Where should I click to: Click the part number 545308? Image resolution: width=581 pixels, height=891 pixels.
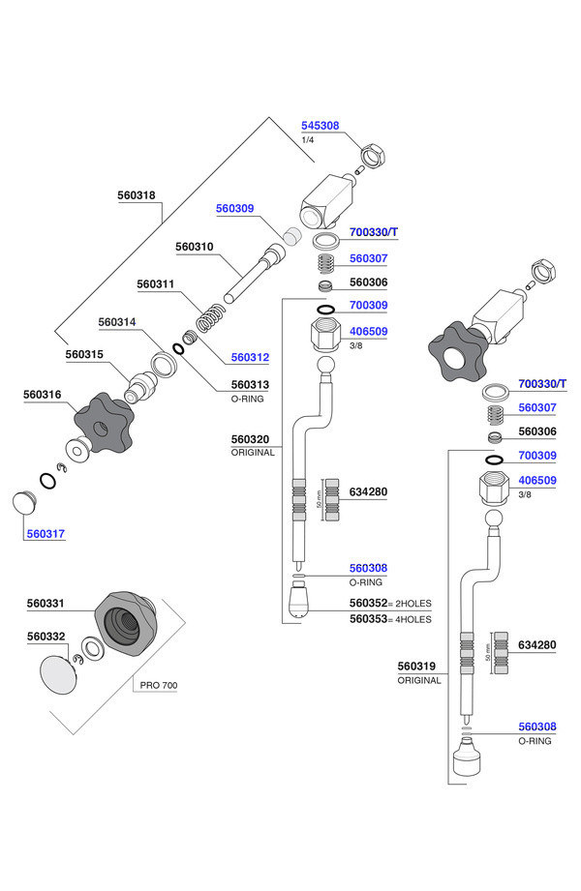[320, 126]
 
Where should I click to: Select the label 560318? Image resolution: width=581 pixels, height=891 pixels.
[136, 195]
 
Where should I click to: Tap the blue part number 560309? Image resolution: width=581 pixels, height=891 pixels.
[234, 209]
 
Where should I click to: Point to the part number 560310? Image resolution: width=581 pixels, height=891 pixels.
[194, 247]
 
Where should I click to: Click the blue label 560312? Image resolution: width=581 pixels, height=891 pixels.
[250, 357]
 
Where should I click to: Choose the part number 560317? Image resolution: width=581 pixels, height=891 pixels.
[46, 534]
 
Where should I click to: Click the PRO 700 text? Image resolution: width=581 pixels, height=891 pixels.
[159, 685]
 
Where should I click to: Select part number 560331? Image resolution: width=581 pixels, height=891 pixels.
[46, 604]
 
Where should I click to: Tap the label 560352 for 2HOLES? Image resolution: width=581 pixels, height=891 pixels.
[368, 603]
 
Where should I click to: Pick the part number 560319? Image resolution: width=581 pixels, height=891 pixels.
[416, 666]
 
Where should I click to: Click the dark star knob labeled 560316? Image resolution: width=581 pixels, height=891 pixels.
[104, 422]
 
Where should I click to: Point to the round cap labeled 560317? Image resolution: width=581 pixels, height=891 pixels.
[24, 503]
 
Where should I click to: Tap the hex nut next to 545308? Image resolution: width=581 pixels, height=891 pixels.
[374, 155]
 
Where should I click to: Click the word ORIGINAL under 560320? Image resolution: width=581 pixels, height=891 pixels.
[253, 453]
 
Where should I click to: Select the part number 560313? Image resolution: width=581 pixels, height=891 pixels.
[250, 385]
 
